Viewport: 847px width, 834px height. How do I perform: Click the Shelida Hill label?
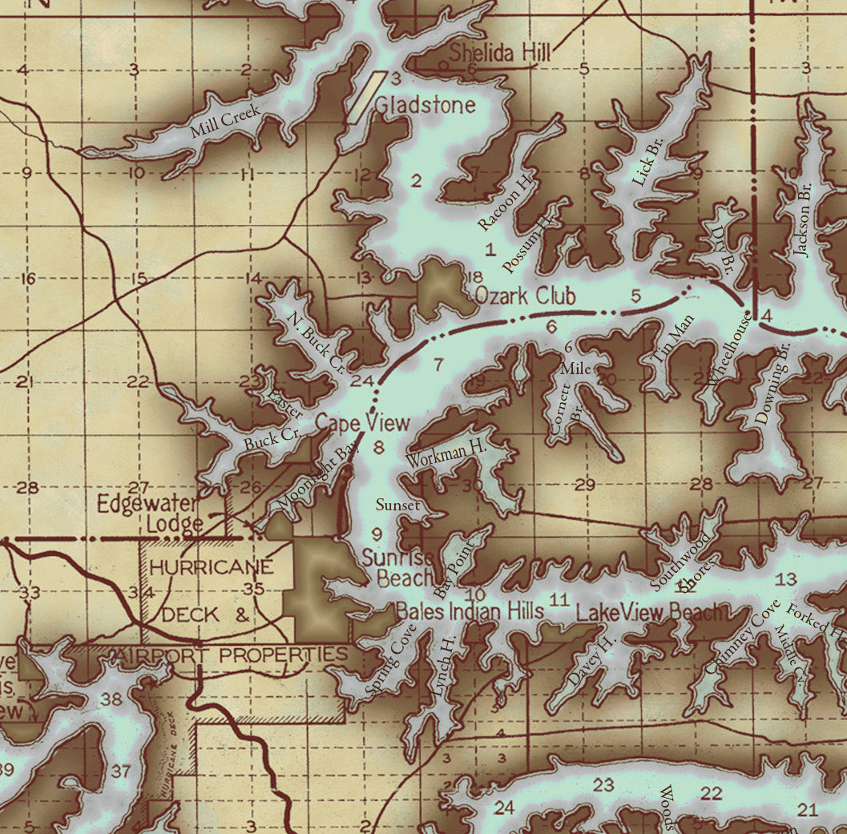pyautogui.click(x=500, y=54)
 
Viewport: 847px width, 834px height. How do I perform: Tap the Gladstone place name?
pyautogui.click(x=425, y=105)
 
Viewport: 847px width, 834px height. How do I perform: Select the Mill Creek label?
pyautogui.click(x=224, y=124)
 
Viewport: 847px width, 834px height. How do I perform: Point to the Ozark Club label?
pyautogui.click(x=525, y=296)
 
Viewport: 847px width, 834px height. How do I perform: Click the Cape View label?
pyautogui.click(x=362, y=423)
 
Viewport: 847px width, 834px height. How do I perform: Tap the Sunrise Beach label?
pyautogui.click(x=398, y=567)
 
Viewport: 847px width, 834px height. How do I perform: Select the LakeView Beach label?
pyautogui.click(x=651, y=613)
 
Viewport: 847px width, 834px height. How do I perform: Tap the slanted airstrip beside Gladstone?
pyautogui.click(x=363, y=97)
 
